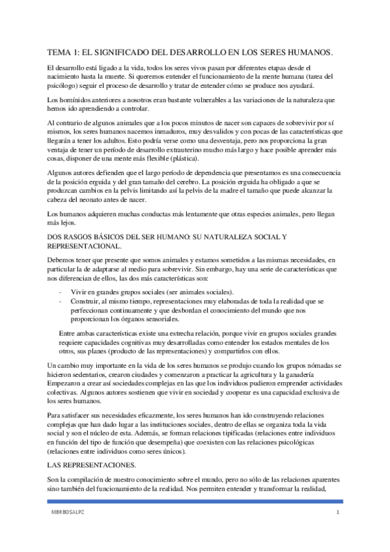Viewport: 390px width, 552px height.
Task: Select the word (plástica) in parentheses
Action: click(184, 159)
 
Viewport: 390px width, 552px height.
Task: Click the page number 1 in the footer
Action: click(338, 514)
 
